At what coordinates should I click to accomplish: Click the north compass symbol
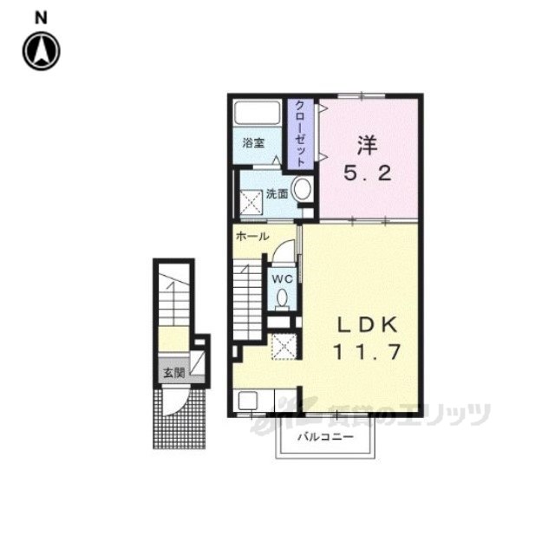42,51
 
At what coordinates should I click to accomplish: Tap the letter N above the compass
41,17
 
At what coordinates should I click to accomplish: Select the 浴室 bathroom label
253,143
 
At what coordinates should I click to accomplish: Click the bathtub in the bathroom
257,113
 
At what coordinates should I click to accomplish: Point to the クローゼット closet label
300,134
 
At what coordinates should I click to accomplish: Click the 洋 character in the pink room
367,145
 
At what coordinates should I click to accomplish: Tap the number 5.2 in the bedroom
368,173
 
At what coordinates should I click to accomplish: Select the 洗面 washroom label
277,194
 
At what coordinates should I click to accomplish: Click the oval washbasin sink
303,189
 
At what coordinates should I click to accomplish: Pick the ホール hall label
252,236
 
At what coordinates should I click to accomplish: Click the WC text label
282,279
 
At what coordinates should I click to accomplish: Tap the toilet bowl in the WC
282,299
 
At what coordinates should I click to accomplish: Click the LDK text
367,325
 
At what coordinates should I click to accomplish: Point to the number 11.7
367,352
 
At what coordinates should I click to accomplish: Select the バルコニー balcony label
325,437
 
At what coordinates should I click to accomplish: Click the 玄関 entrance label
173,372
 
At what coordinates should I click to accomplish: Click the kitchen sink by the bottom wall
249,401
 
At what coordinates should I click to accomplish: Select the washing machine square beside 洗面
251,202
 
